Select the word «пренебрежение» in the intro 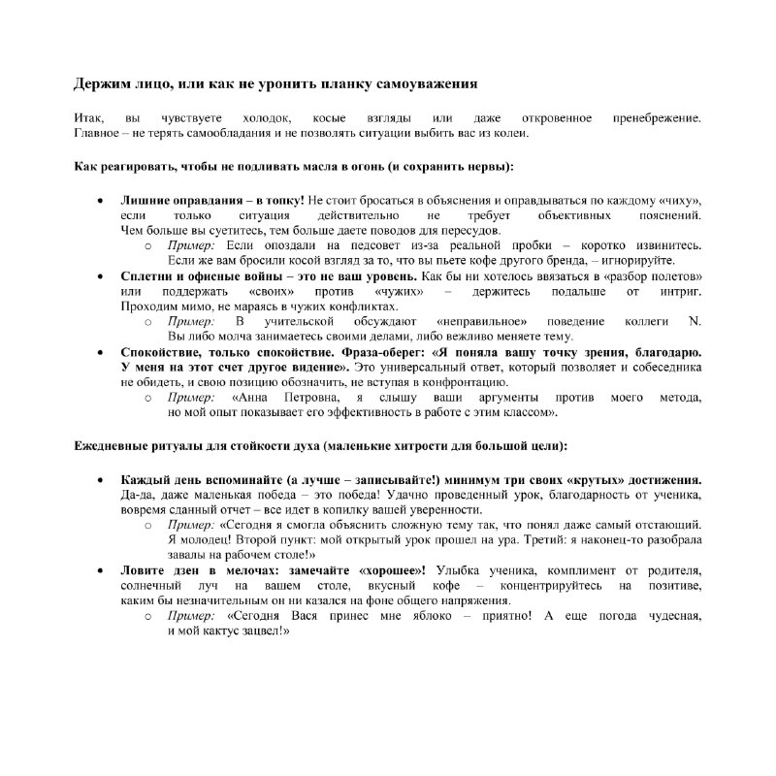(x=657, y=117)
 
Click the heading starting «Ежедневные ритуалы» (x=321, y=445)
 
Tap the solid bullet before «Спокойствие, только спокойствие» (x=102, y=352)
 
